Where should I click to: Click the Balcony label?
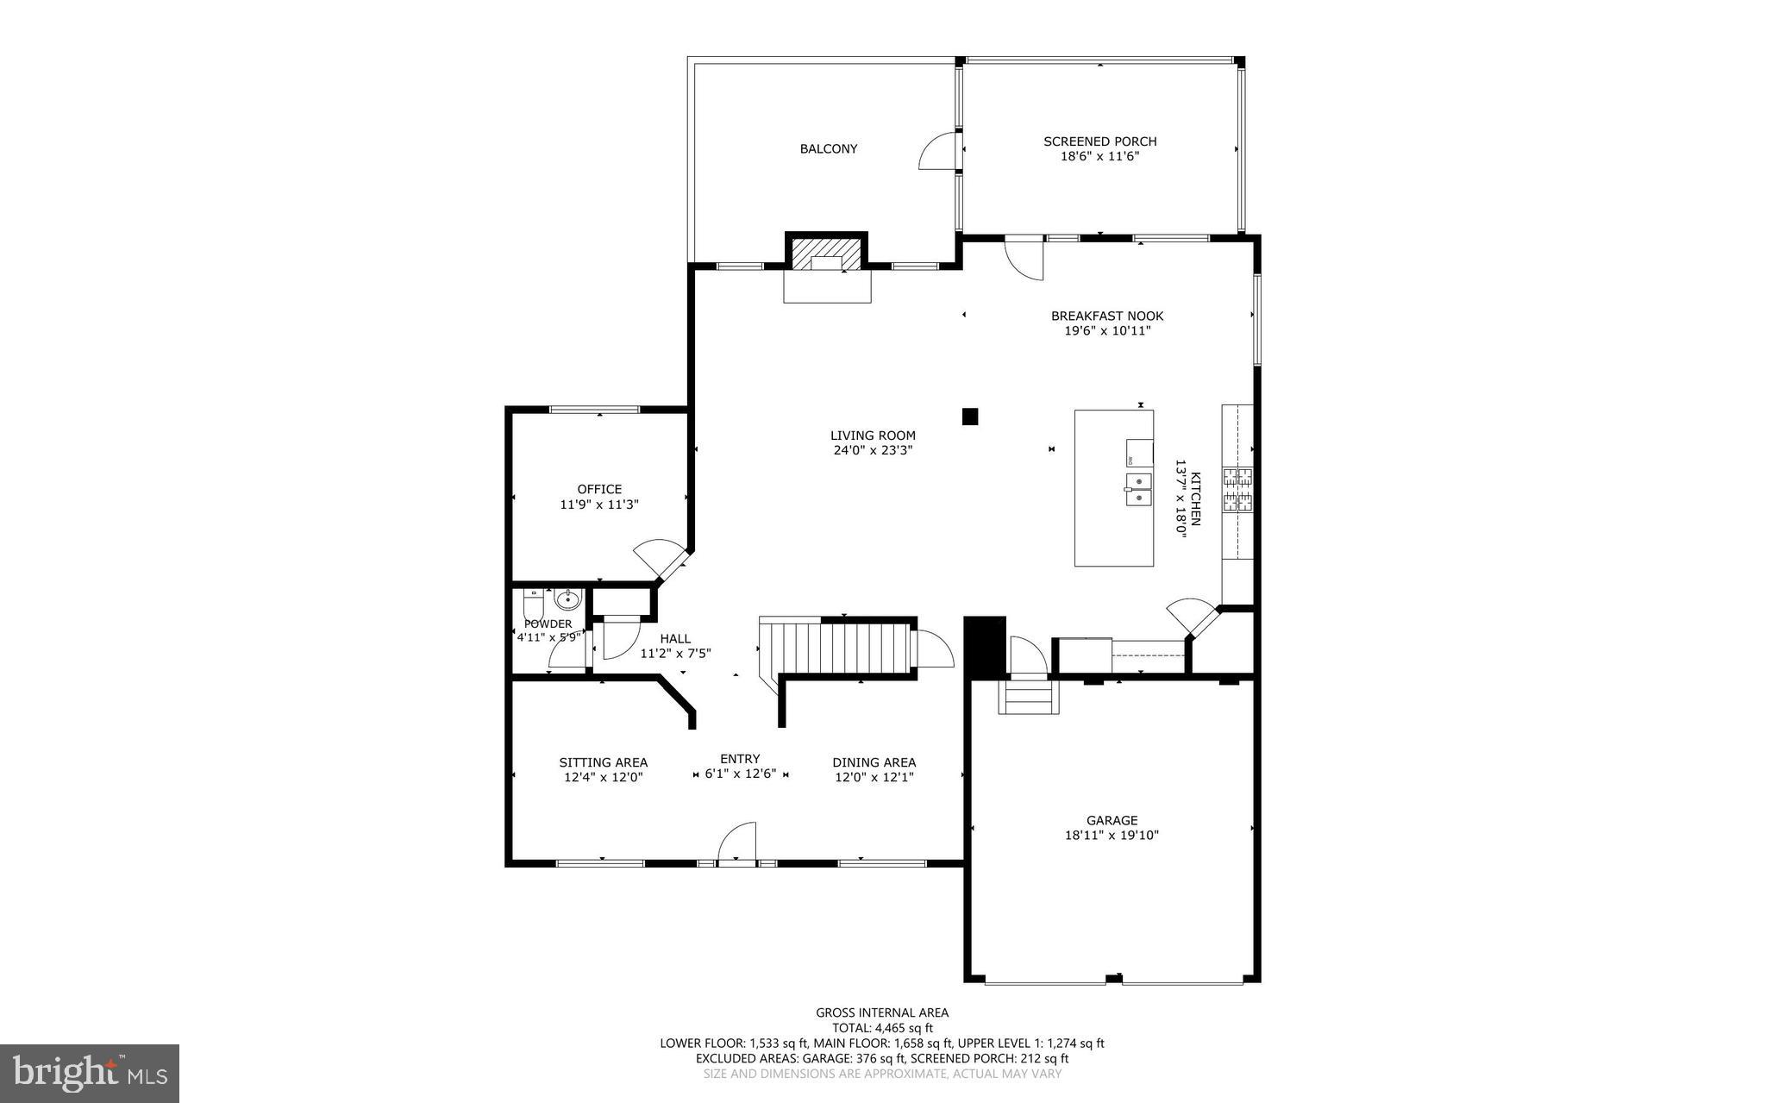[828, 148]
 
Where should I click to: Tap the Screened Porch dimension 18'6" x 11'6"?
[1099, 156]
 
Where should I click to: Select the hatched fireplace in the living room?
[826, 253]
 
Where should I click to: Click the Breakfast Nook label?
[1106, 316]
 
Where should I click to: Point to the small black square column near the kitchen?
[970, 417]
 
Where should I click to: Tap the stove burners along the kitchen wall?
[1237, 489]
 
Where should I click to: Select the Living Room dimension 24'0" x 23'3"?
[873, 449]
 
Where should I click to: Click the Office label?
[599, 489]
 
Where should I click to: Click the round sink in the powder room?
[567, 599]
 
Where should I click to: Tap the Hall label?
[675, 638]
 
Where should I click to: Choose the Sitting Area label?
[603, 762]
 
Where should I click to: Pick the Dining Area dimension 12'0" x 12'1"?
[874, 777]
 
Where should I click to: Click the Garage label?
[1112, 820]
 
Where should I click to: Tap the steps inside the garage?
[1027, 697]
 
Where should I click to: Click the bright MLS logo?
[90, 1073]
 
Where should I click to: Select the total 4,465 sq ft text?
[881, 1028]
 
